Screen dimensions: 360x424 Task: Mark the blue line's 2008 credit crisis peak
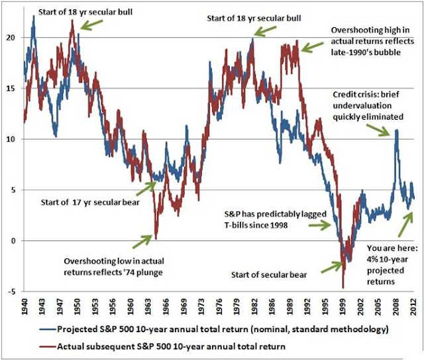pos(396,130)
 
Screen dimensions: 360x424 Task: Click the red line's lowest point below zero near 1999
pos(343,287)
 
